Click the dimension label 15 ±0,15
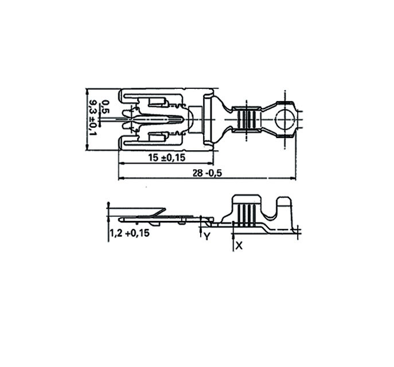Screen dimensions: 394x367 pos(166,158)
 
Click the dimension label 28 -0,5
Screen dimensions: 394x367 pos(208,173)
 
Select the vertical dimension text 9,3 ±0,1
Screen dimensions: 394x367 pos(93,118)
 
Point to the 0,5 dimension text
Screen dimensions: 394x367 pos(106,107)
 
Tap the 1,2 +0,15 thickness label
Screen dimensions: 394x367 pos(130,233)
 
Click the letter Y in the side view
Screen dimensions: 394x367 pos(206,236)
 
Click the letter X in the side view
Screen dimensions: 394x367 pos(239,246)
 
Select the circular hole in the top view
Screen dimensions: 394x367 pos(284,119)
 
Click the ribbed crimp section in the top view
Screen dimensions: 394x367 pos(247,119)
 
